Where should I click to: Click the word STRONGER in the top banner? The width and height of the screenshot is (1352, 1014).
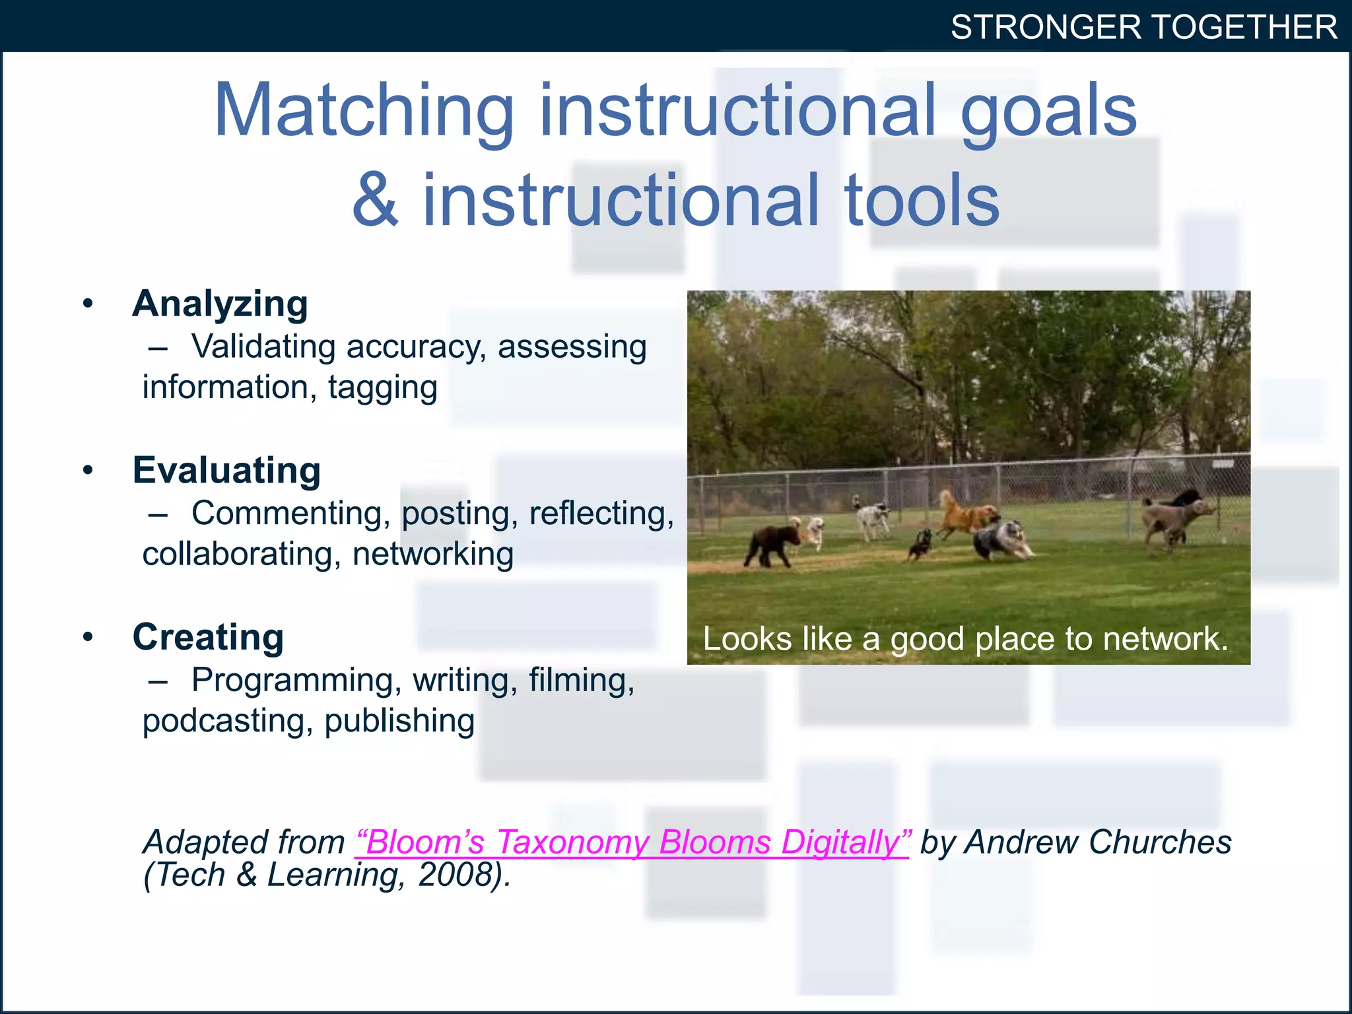pyautogui.click(x=1046, y=28)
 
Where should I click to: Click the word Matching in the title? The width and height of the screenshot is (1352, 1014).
pyautogui.click(x=364, y=111)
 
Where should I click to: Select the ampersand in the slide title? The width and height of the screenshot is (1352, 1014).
pyautogui.click(x=374, y=200)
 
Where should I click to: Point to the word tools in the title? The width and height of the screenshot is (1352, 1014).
pyautogui.click(x=922, y=200)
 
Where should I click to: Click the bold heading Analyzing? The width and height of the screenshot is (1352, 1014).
pyautogui.click(x=220, y=304)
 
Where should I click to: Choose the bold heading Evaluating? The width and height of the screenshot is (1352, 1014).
pyautogui.click(x=226, y=471)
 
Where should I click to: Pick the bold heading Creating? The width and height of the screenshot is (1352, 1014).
pyautogui.click(x=208, y=637)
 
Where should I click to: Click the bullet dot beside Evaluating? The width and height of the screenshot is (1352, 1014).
pyautogui.click(x=88, y=471)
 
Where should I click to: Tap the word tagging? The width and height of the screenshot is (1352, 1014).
pyautogui.click(x=382, y=387)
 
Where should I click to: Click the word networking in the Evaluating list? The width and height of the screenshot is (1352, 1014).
pyautogui.click(x=432, y=554)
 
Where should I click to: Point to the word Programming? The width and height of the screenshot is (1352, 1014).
pyautogui.click(x=292, y=680)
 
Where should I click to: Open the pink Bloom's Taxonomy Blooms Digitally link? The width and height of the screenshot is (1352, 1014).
pyautogui.click(x=632, y=842)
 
